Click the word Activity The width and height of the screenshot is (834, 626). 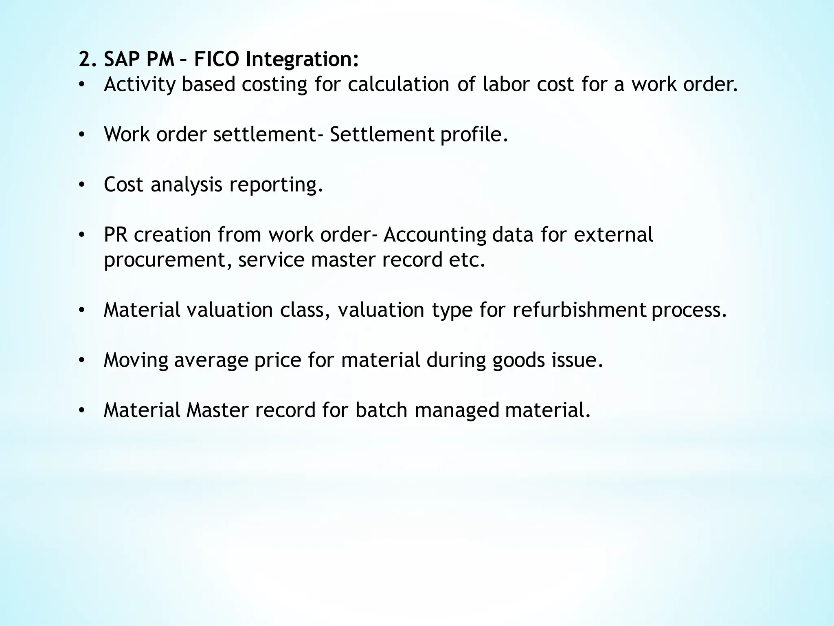tap(140, 85)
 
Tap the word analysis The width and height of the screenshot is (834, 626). tap(186, 185)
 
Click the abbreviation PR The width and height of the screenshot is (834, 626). tap(116, 235)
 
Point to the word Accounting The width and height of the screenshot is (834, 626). tap(435, 235)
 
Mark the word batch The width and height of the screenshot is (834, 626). tap(381, 410)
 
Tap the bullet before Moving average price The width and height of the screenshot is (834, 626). tap(82, 360)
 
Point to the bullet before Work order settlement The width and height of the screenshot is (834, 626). tap(82, 135)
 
